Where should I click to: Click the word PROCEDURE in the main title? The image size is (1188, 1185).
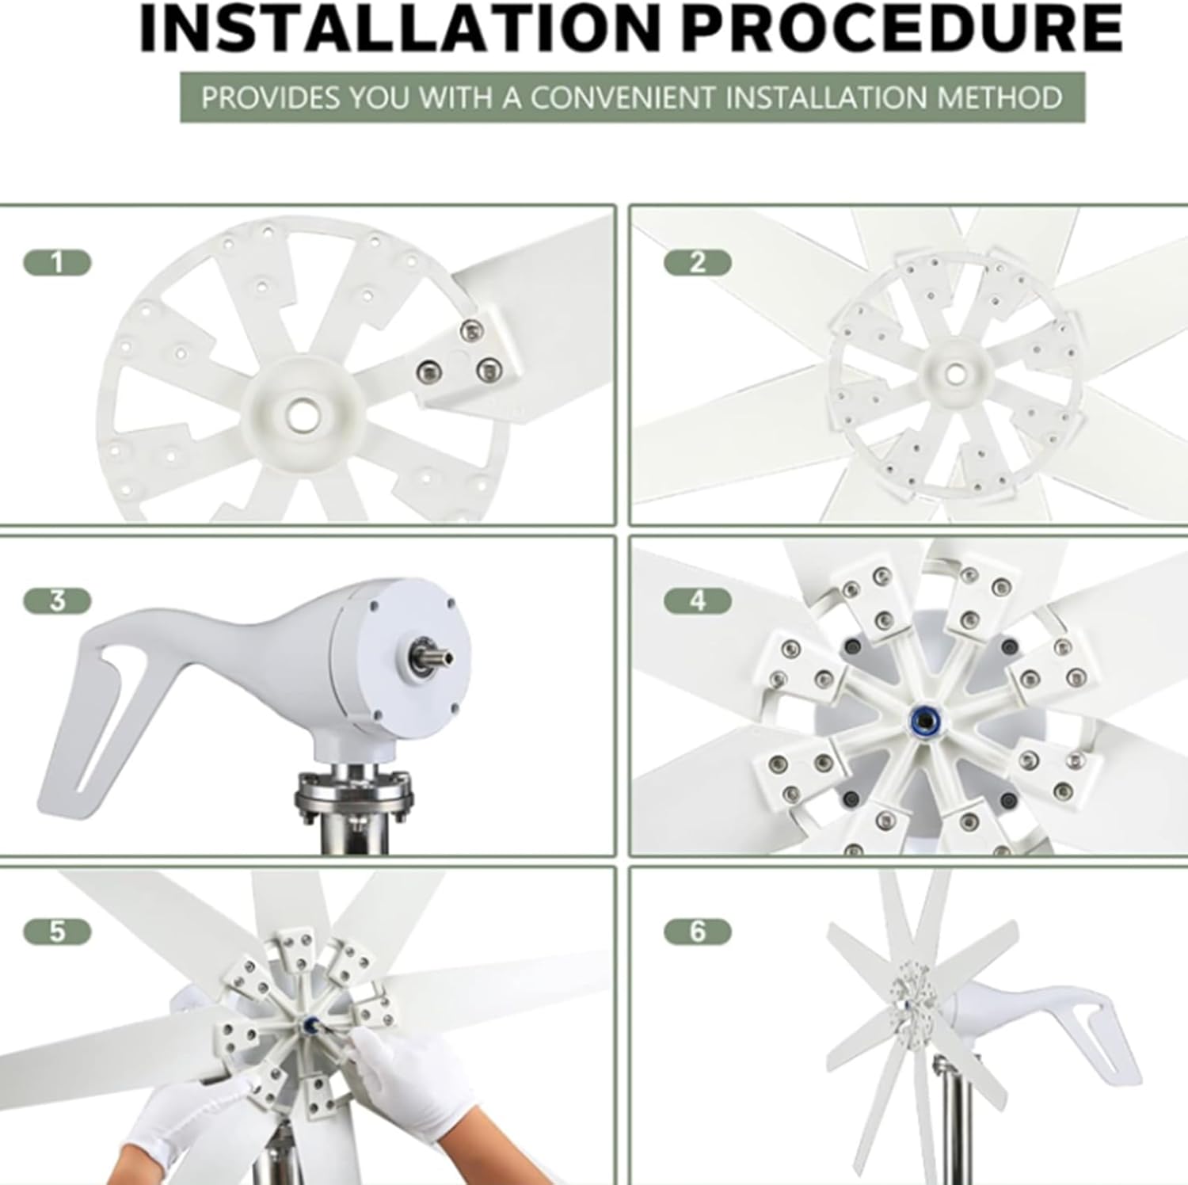point(902,30)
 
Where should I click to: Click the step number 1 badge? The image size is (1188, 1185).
point(57,262)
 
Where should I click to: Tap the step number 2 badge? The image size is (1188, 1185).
point(697,262)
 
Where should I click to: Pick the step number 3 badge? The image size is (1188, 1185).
point(57,601)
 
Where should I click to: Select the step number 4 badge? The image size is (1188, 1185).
point(697,601)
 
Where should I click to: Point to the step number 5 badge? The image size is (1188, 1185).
point(57,932)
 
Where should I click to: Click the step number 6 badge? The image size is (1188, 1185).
point(697,932)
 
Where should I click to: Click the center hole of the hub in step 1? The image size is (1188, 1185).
point(302,412)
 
